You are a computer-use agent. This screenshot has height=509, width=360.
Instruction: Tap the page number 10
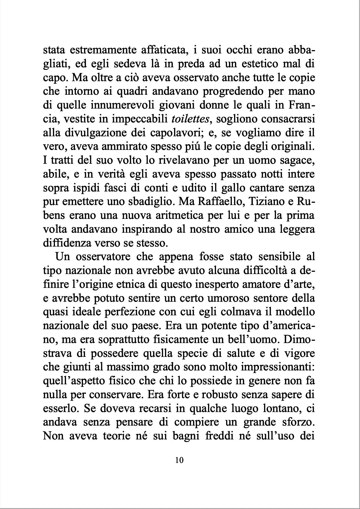(179, 460)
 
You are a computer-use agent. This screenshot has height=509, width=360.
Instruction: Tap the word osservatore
(106, 257)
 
